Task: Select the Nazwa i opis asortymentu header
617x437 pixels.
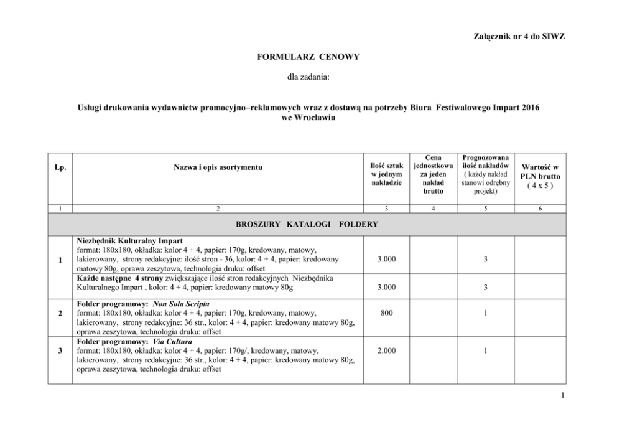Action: [x=218, y=168]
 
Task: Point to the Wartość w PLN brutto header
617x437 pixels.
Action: [x=539, y=176]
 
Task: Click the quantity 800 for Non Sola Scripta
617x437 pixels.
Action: [x=386, y=314]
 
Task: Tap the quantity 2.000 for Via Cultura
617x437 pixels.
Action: [x=386, y=350]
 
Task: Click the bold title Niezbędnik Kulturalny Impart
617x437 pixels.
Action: [x=129, y=240]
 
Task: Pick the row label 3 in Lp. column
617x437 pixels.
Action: [x=60, y=350]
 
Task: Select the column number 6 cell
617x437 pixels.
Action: [x=539, y=209]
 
